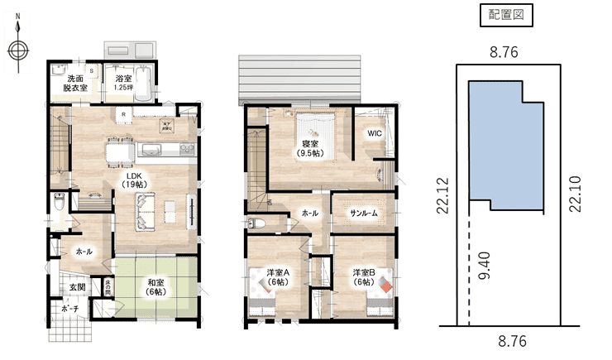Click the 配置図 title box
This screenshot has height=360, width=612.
tap(504, 15)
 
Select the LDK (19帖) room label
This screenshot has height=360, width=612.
tap(133, 180)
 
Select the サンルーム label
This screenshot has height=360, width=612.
tap(364, 213)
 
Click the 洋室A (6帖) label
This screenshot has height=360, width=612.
tap(277, 276)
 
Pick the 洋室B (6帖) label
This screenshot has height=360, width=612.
tap(363, 276)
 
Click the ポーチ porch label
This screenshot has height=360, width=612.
tap(69, 309)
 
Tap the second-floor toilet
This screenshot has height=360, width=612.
tap(256, 223)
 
